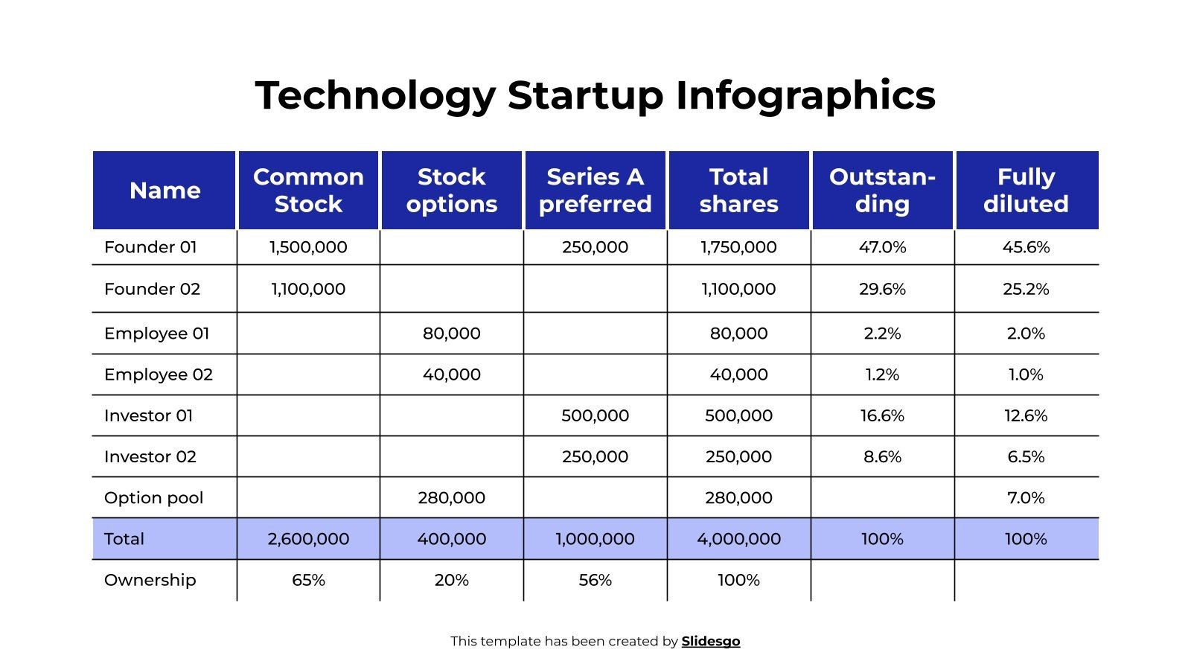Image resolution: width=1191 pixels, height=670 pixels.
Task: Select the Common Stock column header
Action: pyautogui.click(x=308, y=191)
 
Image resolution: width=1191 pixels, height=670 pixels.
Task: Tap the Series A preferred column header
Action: pyautogui.click(x=595, y=191)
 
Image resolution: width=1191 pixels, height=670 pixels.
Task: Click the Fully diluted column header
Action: pyautogui.click(x=1026, y=191)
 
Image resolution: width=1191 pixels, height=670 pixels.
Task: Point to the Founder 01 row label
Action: pyautogui.click(x=150, y=247)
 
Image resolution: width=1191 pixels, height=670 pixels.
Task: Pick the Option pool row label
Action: pyautogui.click(x=153, y=498)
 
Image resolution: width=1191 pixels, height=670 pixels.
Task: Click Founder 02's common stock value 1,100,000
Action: pyautogui.click(x=308, y=289)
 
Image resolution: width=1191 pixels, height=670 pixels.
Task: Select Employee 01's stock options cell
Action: pyautogui.click(x=451, y=334)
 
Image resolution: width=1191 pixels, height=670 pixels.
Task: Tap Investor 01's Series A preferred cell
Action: pyautogui.click(x=595, y=415)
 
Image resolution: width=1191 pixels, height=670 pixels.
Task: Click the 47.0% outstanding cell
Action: pyautogui.click(x=882, y=247)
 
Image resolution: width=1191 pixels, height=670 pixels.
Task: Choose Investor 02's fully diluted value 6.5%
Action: pyautogui.click(x=1026, y=457)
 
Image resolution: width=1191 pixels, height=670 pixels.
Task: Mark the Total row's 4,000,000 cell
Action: pyautogui.click(x=738, y=539)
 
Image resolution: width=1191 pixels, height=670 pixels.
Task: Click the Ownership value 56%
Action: pyautogui.click(x=595, y=580)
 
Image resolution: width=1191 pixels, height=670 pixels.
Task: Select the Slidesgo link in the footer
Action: pyautogui.click(x=710, y=641)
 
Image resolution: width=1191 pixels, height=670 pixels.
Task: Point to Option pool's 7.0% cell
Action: pyautogui.click(x=1026, y=498)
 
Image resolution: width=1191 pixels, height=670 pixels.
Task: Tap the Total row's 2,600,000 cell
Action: pyautogui.click(x=308, y=539)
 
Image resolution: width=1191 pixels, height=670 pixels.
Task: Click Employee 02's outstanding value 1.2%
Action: pyautogui.click(x=882, y=374)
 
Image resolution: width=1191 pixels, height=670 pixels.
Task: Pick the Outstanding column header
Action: pyautogui.click(x=882, y=191)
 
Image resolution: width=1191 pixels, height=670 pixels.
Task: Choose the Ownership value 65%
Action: pyautogui.click(x=308, y=580)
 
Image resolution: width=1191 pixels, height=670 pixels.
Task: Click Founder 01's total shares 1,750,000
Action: pyautogui.click(x=738, y=247)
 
